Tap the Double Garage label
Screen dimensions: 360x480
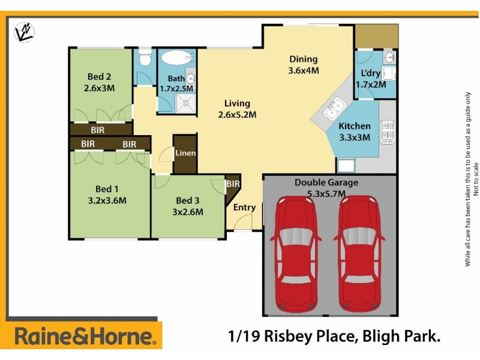(x=326, y=182)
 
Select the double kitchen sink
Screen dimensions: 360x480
(x=334, y=109)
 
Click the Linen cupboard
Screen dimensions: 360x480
(x=185, y=153)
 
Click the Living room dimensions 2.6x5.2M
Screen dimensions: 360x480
(x=237, y=115)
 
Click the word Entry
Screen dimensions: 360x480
(x=244, y=208)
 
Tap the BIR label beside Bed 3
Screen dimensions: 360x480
(x=233, y=184)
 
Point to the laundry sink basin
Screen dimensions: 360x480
(x=388, y=58)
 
